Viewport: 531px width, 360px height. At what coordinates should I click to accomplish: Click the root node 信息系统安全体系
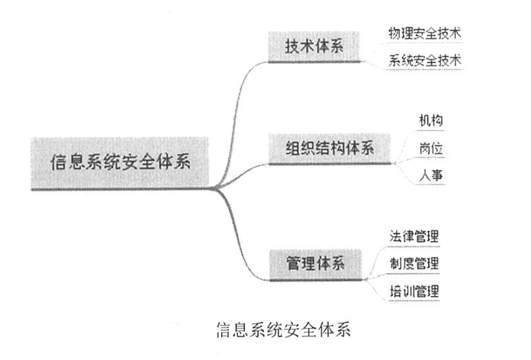(x=120, y=162)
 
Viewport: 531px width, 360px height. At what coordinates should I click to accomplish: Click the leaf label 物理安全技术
(x=424, y=34)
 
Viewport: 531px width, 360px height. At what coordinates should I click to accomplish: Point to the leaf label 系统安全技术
(x=424, y=61)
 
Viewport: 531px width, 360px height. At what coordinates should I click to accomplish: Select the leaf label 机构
(x=432, y=121)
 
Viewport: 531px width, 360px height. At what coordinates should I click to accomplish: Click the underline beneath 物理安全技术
(x=424, y=44)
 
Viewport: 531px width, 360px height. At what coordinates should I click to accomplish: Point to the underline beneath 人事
(x=432, y=185)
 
